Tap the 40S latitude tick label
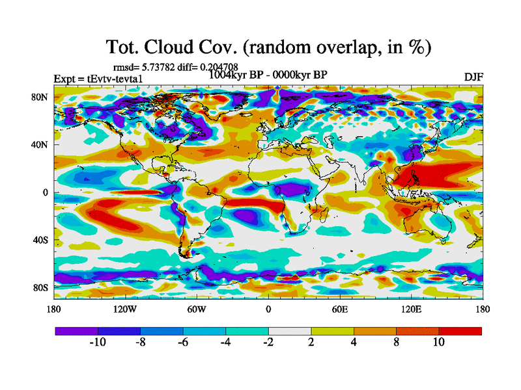coord(40,240)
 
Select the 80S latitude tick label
coord(40,287)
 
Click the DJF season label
coord(473,77)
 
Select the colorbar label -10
coord(97,343)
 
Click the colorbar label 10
coord(438,343)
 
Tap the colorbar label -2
coord(268,343)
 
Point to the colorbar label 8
coord(396,343)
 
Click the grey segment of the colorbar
coord(289,331)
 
